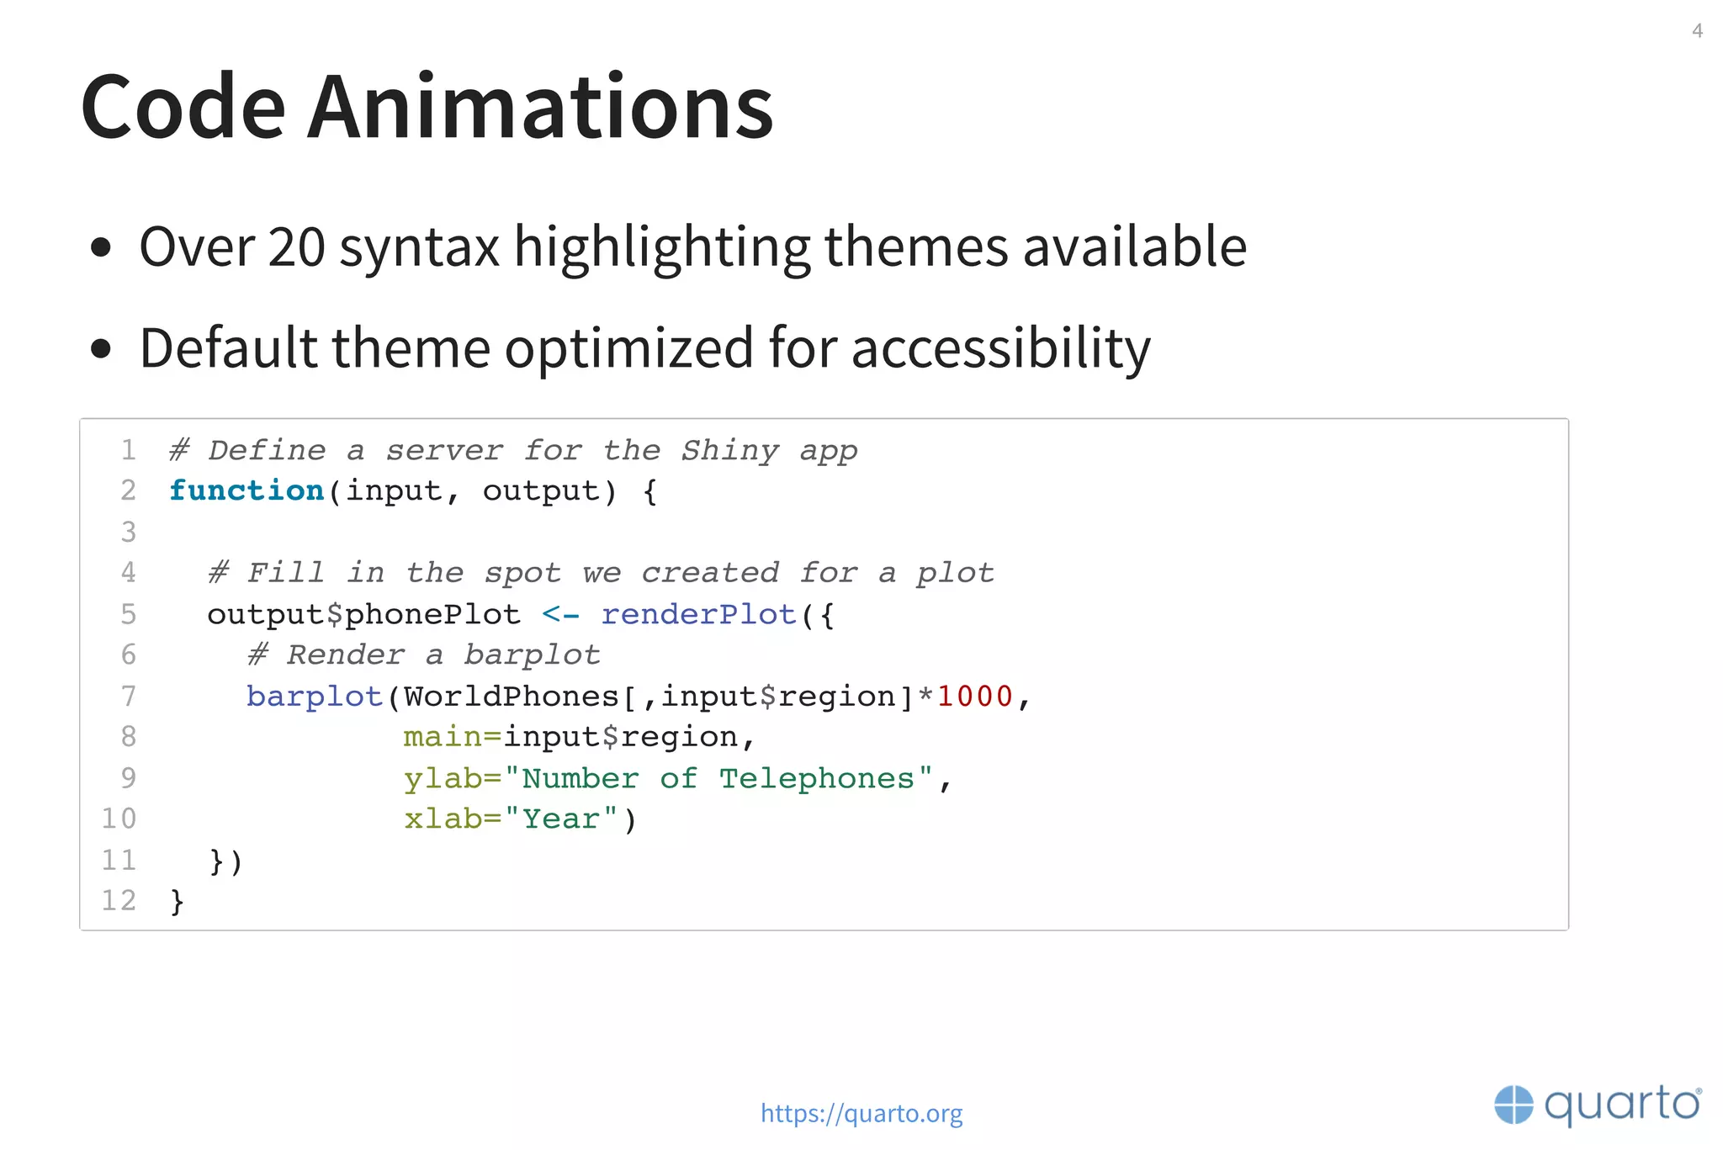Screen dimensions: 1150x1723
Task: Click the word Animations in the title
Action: [539, 108]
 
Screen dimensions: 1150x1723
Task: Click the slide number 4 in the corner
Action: [1697, 31]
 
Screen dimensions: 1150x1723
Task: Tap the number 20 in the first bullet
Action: [296, 247]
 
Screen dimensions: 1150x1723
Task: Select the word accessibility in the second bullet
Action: [1000, 348]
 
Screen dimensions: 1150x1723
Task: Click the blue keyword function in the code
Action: [247, 490]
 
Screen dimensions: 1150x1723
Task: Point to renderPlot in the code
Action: [698, 614]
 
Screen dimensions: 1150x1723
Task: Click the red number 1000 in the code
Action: [974, 697]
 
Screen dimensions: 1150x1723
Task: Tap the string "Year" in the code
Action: [561, 819]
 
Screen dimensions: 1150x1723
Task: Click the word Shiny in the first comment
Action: [729, 450]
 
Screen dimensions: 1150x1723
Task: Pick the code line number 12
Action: [119, 900]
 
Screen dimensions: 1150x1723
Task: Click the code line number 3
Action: [128, 532]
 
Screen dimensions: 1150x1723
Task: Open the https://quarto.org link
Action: [861, 1113]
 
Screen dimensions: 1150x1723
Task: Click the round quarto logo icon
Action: [1514, 1105]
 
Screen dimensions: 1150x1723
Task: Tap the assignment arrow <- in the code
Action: [560, 614]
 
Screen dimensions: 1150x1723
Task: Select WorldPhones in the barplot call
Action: [511, 697]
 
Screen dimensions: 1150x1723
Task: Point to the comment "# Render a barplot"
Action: [423, 654]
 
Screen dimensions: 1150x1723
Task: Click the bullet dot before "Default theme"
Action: [101, 348]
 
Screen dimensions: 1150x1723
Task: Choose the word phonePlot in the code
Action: [432, 614]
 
